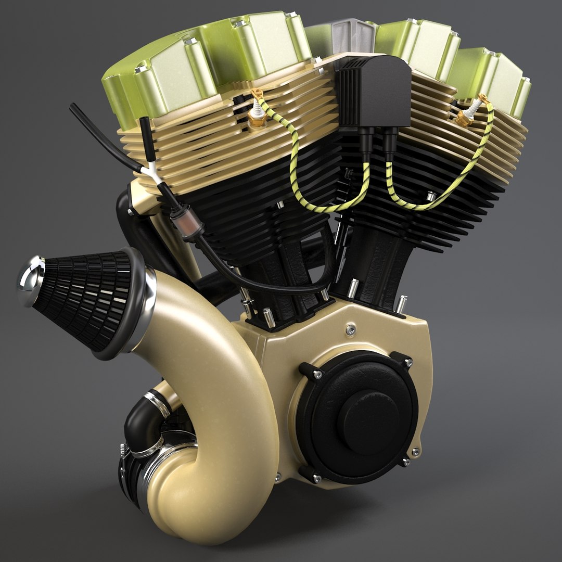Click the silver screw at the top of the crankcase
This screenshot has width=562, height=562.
tap(351, 329)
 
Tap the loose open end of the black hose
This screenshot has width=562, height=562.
tap(73, 107)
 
